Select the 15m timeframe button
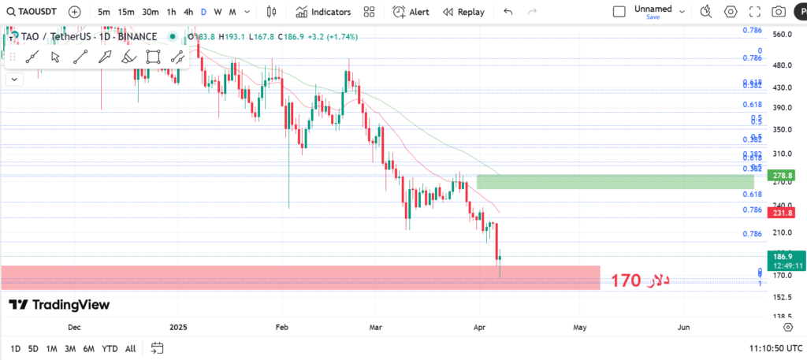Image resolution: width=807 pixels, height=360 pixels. [126, 12]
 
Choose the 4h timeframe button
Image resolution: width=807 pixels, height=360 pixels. [188, 12]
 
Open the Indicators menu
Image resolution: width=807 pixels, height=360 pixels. [323, 12]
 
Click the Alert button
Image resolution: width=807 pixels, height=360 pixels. [411, 12]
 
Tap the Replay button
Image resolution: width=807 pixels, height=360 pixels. [463, 12]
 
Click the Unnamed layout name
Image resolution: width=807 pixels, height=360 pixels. [653, 9]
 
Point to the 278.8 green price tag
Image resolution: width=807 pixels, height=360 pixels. [783, 175]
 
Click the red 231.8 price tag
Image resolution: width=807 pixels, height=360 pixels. [783, 213]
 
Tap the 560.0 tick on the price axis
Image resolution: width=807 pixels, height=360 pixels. [782, 35]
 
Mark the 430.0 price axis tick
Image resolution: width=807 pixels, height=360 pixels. [782, 87]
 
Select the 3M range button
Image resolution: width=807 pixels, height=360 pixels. [70, 348]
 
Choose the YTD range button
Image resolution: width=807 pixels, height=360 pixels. [110, 348]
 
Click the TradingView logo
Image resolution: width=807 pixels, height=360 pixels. [59, 305]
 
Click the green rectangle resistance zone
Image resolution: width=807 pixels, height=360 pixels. [615, 182]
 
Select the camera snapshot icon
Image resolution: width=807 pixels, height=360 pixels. [779, 12]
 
